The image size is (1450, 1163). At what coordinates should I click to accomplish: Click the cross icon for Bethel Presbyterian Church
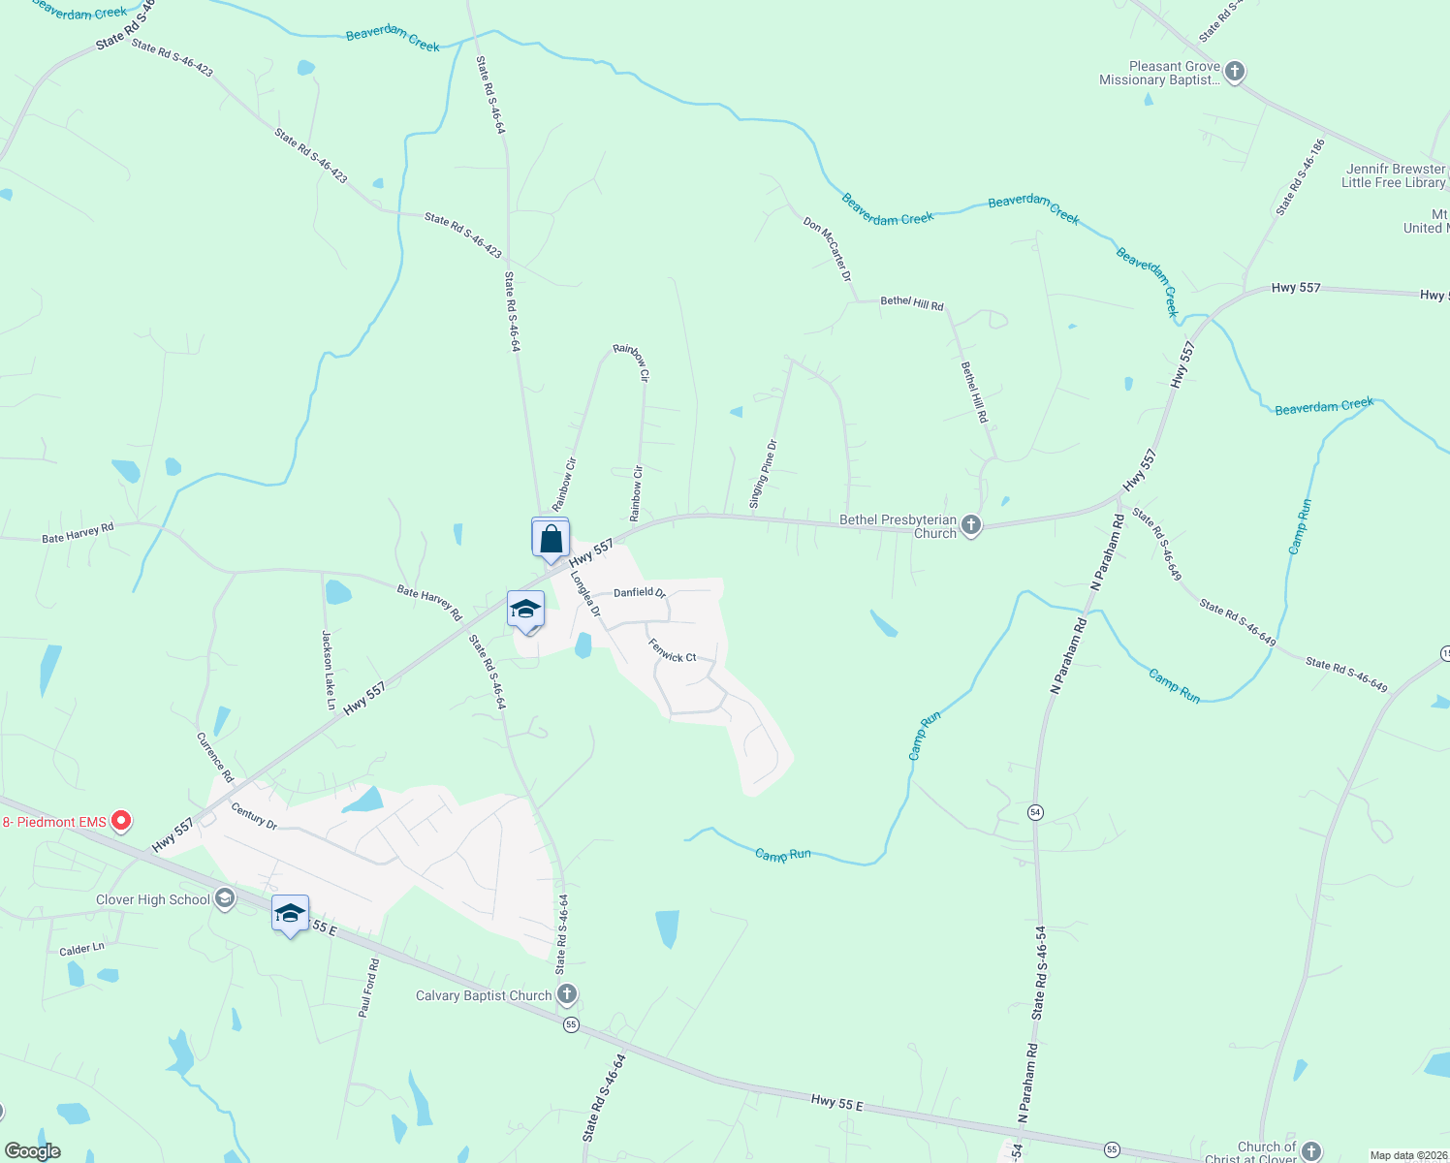971,525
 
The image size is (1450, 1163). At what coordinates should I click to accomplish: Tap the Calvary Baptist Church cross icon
567,994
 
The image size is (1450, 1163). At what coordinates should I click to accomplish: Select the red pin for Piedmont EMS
121,821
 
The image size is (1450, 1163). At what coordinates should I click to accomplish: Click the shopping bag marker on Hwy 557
551,539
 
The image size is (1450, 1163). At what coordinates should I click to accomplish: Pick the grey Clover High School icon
225,899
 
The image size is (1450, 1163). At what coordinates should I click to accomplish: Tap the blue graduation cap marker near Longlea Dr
525,611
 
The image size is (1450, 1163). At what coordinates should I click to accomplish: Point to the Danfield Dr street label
640,592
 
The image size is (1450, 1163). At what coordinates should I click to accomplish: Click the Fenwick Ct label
673,651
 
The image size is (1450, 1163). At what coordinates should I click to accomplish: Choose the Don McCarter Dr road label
827,249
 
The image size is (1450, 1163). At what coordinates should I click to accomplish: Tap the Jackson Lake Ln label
329,670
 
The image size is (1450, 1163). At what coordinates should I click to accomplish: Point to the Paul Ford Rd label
369,988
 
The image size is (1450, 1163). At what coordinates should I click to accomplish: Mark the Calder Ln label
81,950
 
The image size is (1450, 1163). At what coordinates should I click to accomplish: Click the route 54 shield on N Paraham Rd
1036,811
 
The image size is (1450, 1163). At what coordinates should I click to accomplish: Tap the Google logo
33,1150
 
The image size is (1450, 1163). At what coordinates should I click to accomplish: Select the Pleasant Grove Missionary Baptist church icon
1234,72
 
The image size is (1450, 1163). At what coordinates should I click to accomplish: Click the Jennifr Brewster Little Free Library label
1395,175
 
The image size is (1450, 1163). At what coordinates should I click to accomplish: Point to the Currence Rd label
215,757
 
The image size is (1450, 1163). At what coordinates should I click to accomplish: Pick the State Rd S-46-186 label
1301,178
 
